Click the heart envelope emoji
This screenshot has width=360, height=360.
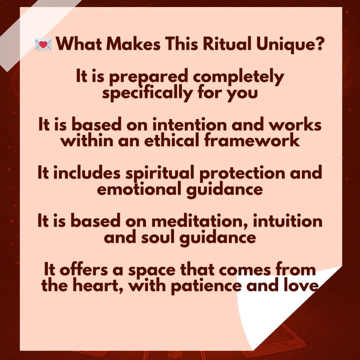point(43,44)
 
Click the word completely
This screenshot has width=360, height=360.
point(238,77)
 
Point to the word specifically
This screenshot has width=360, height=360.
point(147,93)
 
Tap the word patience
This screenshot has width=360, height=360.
point(206,286)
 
